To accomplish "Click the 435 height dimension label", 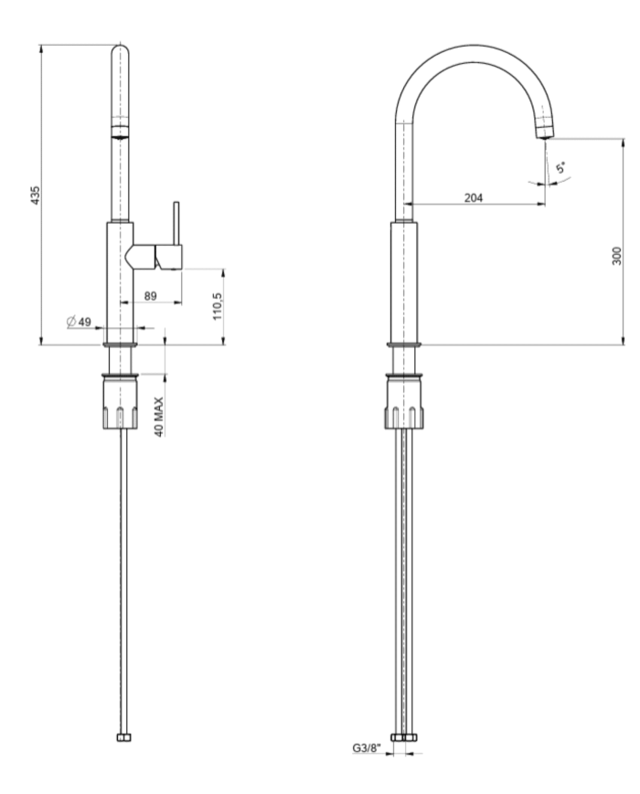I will (x=35, y=195).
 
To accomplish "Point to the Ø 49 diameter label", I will (x=80, y=322).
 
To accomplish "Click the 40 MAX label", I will (x=159, y=417).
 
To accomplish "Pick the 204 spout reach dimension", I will (x=474, y=197).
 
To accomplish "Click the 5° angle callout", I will (x=560, y=169).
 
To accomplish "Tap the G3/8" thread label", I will (x=366, y=748).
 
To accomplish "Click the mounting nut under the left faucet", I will (x=121, y=405).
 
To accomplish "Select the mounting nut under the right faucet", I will (x=403, y=405).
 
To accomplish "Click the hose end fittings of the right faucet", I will (x=403, y=736).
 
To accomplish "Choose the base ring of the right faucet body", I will (x=403, y=344).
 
